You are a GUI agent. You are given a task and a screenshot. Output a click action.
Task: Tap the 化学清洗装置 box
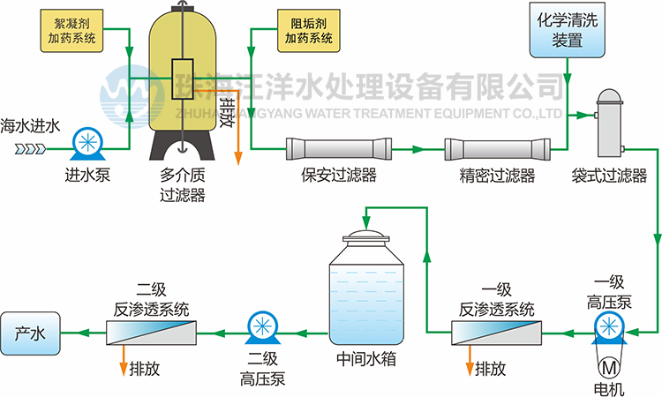click(567, 28)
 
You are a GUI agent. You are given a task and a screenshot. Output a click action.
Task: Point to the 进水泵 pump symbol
click(87, 144)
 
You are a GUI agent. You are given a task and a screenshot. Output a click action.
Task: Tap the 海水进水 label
click(30, 125)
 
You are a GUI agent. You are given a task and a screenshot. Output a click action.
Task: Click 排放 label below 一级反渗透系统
click(492, 369)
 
